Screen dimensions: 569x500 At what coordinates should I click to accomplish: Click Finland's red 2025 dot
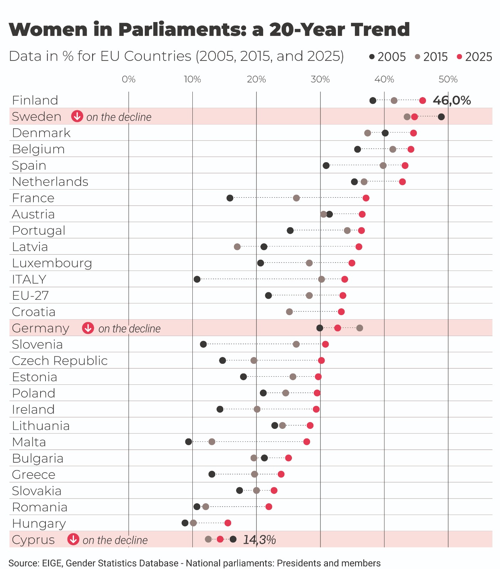[422, 101]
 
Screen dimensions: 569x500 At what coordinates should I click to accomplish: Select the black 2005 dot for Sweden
[441, 117]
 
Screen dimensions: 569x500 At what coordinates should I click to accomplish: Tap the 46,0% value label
[452, 101]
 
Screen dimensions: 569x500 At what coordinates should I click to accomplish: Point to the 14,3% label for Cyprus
[259, 539]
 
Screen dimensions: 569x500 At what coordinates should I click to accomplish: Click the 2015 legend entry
[432, 57]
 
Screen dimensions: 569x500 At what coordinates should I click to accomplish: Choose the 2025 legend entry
[475, 57]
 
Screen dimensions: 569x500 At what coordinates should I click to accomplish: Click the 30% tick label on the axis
[320, 79]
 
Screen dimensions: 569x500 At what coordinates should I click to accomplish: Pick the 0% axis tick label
[128, 79]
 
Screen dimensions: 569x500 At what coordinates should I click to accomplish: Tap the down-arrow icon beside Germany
[88, 328]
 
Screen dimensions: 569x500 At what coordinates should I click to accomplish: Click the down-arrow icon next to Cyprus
[73, 539]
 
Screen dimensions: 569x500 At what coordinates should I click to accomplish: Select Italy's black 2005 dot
[197, 279]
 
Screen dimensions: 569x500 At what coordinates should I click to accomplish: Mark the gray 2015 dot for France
[296, 198]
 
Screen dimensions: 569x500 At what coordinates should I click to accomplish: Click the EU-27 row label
[30, 296]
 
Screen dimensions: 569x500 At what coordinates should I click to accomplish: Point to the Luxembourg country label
[52, 263]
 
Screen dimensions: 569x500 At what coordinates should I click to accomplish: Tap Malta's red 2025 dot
[307, 442]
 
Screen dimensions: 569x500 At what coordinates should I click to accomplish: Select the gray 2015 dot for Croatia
[289, 312]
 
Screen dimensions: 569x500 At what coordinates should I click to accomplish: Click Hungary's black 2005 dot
[185, 523]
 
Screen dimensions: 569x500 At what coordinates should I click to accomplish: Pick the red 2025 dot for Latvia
[359, 247]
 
